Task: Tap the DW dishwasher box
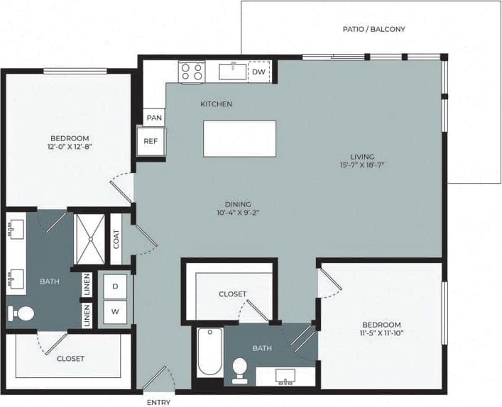(259, 72)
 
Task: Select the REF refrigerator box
(151, 141)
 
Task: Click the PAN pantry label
(153, 117)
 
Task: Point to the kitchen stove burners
(192, 71)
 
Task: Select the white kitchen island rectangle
(239, 138)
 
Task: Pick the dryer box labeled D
(115, 286)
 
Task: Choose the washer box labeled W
(115, 310)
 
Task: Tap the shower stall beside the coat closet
(90, 239)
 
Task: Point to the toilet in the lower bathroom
(240, 369)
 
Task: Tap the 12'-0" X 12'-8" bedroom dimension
(70, 148)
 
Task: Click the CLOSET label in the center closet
(232, 294)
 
